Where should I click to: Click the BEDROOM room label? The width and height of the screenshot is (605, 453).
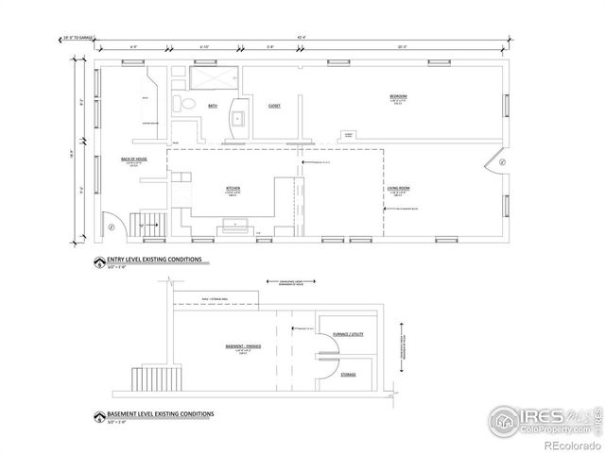pos(398,96)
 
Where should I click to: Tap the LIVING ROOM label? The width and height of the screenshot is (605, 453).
pos(398,190)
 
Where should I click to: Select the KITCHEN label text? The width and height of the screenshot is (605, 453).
pos(233,189)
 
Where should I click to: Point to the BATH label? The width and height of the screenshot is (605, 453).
pos(213,106)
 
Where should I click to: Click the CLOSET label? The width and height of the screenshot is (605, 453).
pos(274,106)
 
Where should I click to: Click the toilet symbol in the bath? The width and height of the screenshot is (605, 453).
pos(188,104)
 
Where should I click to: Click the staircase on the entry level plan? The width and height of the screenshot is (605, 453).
pos(150,225)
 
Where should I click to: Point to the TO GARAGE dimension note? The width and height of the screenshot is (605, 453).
pos(79,39)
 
